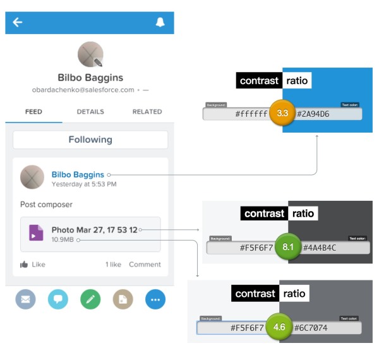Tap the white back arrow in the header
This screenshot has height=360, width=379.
pos(18,23)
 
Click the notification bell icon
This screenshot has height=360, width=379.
pos(160,23)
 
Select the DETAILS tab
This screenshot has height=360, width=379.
pos(90,112)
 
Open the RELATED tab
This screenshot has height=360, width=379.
pos(147,112)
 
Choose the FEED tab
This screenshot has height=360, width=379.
pos(33,112)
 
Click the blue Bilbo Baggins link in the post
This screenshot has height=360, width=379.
pos(78,174)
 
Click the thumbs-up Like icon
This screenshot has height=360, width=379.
pos(24,265)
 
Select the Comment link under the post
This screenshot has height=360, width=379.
pos(145,265)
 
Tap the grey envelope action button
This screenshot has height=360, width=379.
pos(26,299)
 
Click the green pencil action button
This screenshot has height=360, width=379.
pos(91,299)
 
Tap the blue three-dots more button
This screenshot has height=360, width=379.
pos(155,299)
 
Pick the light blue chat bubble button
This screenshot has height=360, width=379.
pos(58,299)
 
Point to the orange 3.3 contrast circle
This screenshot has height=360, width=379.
pos(282,114)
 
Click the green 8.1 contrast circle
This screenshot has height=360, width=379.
pos(288,248)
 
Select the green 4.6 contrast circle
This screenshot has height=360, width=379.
pos(279,328)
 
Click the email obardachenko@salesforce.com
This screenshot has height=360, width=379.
pos(83,90)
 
